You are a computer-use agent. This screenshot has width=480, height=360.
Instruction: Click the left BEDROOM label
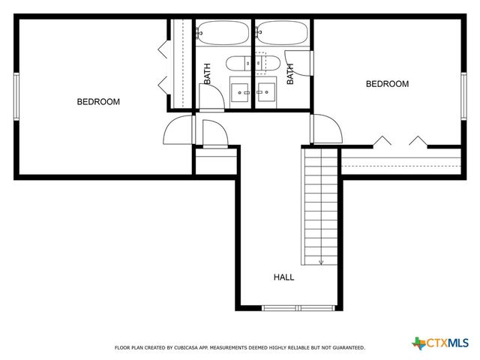pyautogui.click(x=98, y=102)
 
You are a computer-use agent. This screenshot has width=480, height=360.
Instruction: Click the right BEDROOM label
pyautogui.click(x=387, y=84)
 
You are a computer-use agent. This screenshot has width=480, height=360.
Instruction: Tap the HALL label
pyautogui.click(x=283, y=277)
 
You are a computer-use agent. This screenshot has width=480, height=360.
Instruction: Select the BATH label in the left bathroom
pyautogui.click(x=208, y=73)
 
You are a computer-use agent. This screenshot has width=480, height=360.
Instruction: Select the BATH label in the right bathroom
pyautogui.click(x=289, y=73)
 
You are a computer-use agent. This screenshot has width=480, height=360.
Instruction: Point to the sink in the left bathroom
pyautogui.click(x=241, y=91)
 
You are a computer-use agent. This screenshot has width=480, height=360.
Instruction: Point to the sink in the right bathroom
pyautogui.click(x=265, y=91)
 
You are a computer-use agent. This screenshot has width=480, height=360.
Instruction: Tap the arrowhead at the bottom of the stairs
pyautogui.click(x=321, y=262)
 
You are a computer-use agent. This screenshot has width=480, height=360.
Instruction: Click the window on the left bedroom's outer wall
pyautogui.click(x=16, y=96)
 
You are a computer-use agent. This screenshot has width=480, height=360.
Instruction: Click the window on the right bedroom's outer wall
pyautogui.click(x=463, y=95)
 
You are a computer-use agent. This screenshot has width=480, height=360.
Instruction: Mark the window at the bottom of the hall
pyautogui.click(x=298, y=307)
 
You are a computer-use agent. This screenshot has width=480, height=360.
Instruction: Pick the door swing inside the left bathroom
pyautogui.click(x=211, y=97)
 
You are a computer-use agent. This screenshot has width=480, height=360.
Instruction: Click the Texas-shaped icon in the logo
pyautogui.click(x=418, y=343)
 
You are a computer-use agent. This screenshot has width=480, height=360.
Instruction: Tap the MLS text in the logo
pyautogui.click(x=456, y=343)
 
